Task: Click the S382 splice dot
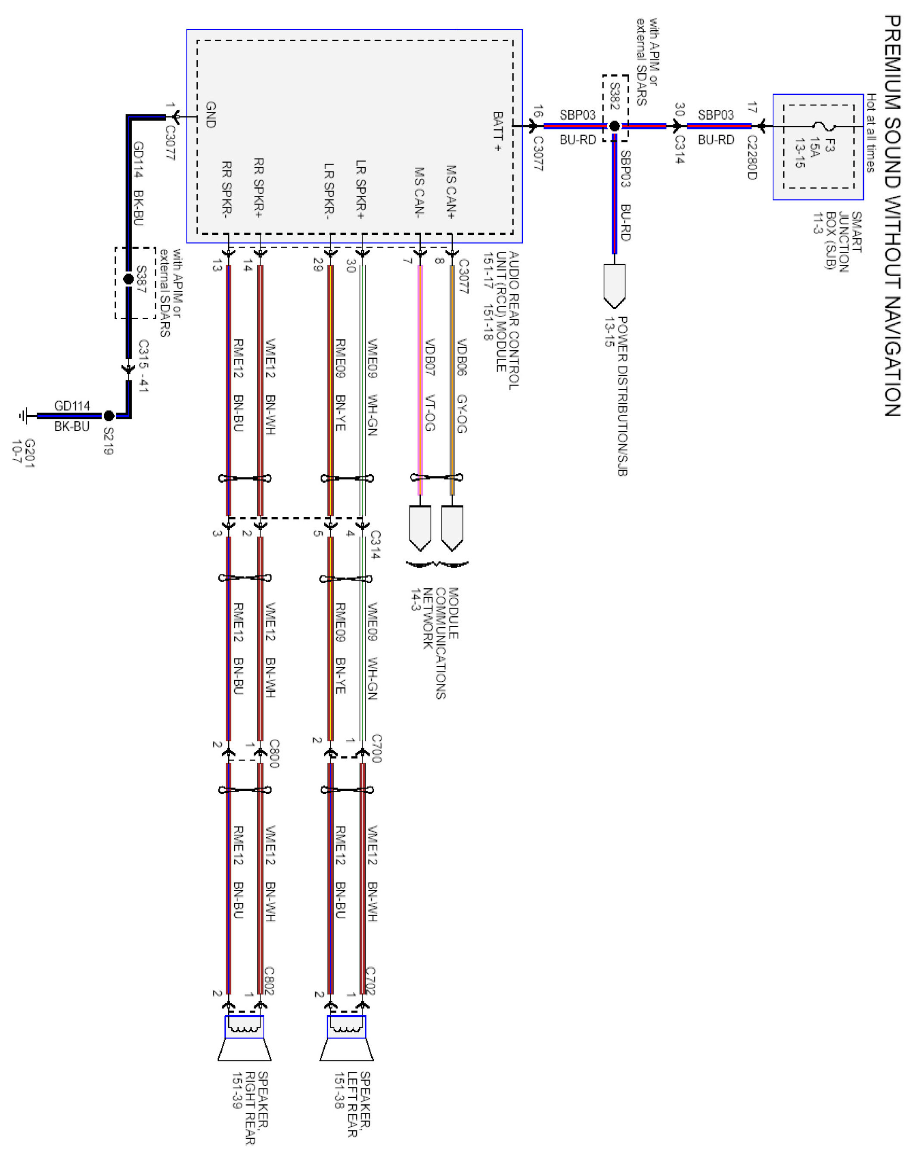pos(614,126)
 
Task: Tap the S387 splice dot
pos(128,279)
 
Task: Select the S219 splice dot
pos(109,415)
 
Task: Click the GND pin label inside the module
pos(211,115)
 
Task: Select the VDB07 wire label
pos(430,357)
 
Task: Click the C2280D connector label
pos(752,158)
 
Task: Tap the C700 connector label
pos(376,748)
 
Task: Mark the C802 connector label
pos(270,981)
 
